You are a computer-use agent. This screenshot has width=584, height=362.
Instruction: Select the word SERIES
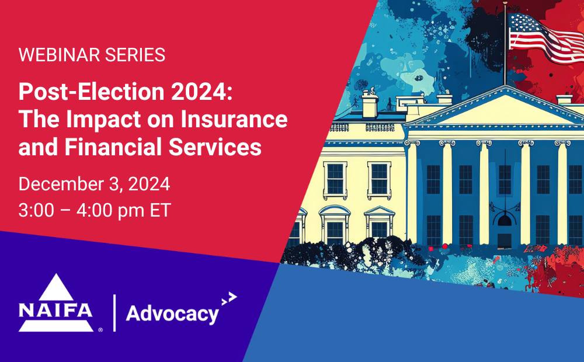135,55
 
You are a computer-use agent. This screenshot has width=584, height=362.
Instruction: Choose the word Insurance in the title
234,119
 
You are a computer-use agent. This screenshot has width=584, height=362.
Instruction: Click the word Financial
113,147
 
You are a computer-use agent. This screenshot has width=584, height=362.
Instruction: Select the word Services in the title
215,147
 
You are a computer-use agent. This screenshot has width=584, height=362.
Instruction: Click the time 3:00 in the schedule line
36,210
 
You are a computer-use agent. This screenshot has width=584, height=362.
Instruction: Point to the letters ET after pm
160,210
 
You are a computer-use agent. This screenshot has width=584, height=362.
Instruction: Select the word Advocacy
172,315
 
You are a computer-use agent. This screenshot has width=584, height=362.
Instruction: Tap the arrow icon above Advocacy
229,298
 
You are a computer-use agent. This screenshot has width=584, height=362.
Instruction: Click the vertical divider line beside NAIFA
114,313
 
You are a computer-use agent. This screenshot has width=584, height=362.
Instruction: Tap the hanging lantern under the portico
505,220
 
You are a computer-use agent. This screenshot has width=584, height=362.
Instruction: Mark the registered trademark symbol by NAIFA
100,330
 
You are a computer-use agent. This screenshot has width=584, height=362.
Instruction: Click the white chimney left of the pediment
370,105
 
